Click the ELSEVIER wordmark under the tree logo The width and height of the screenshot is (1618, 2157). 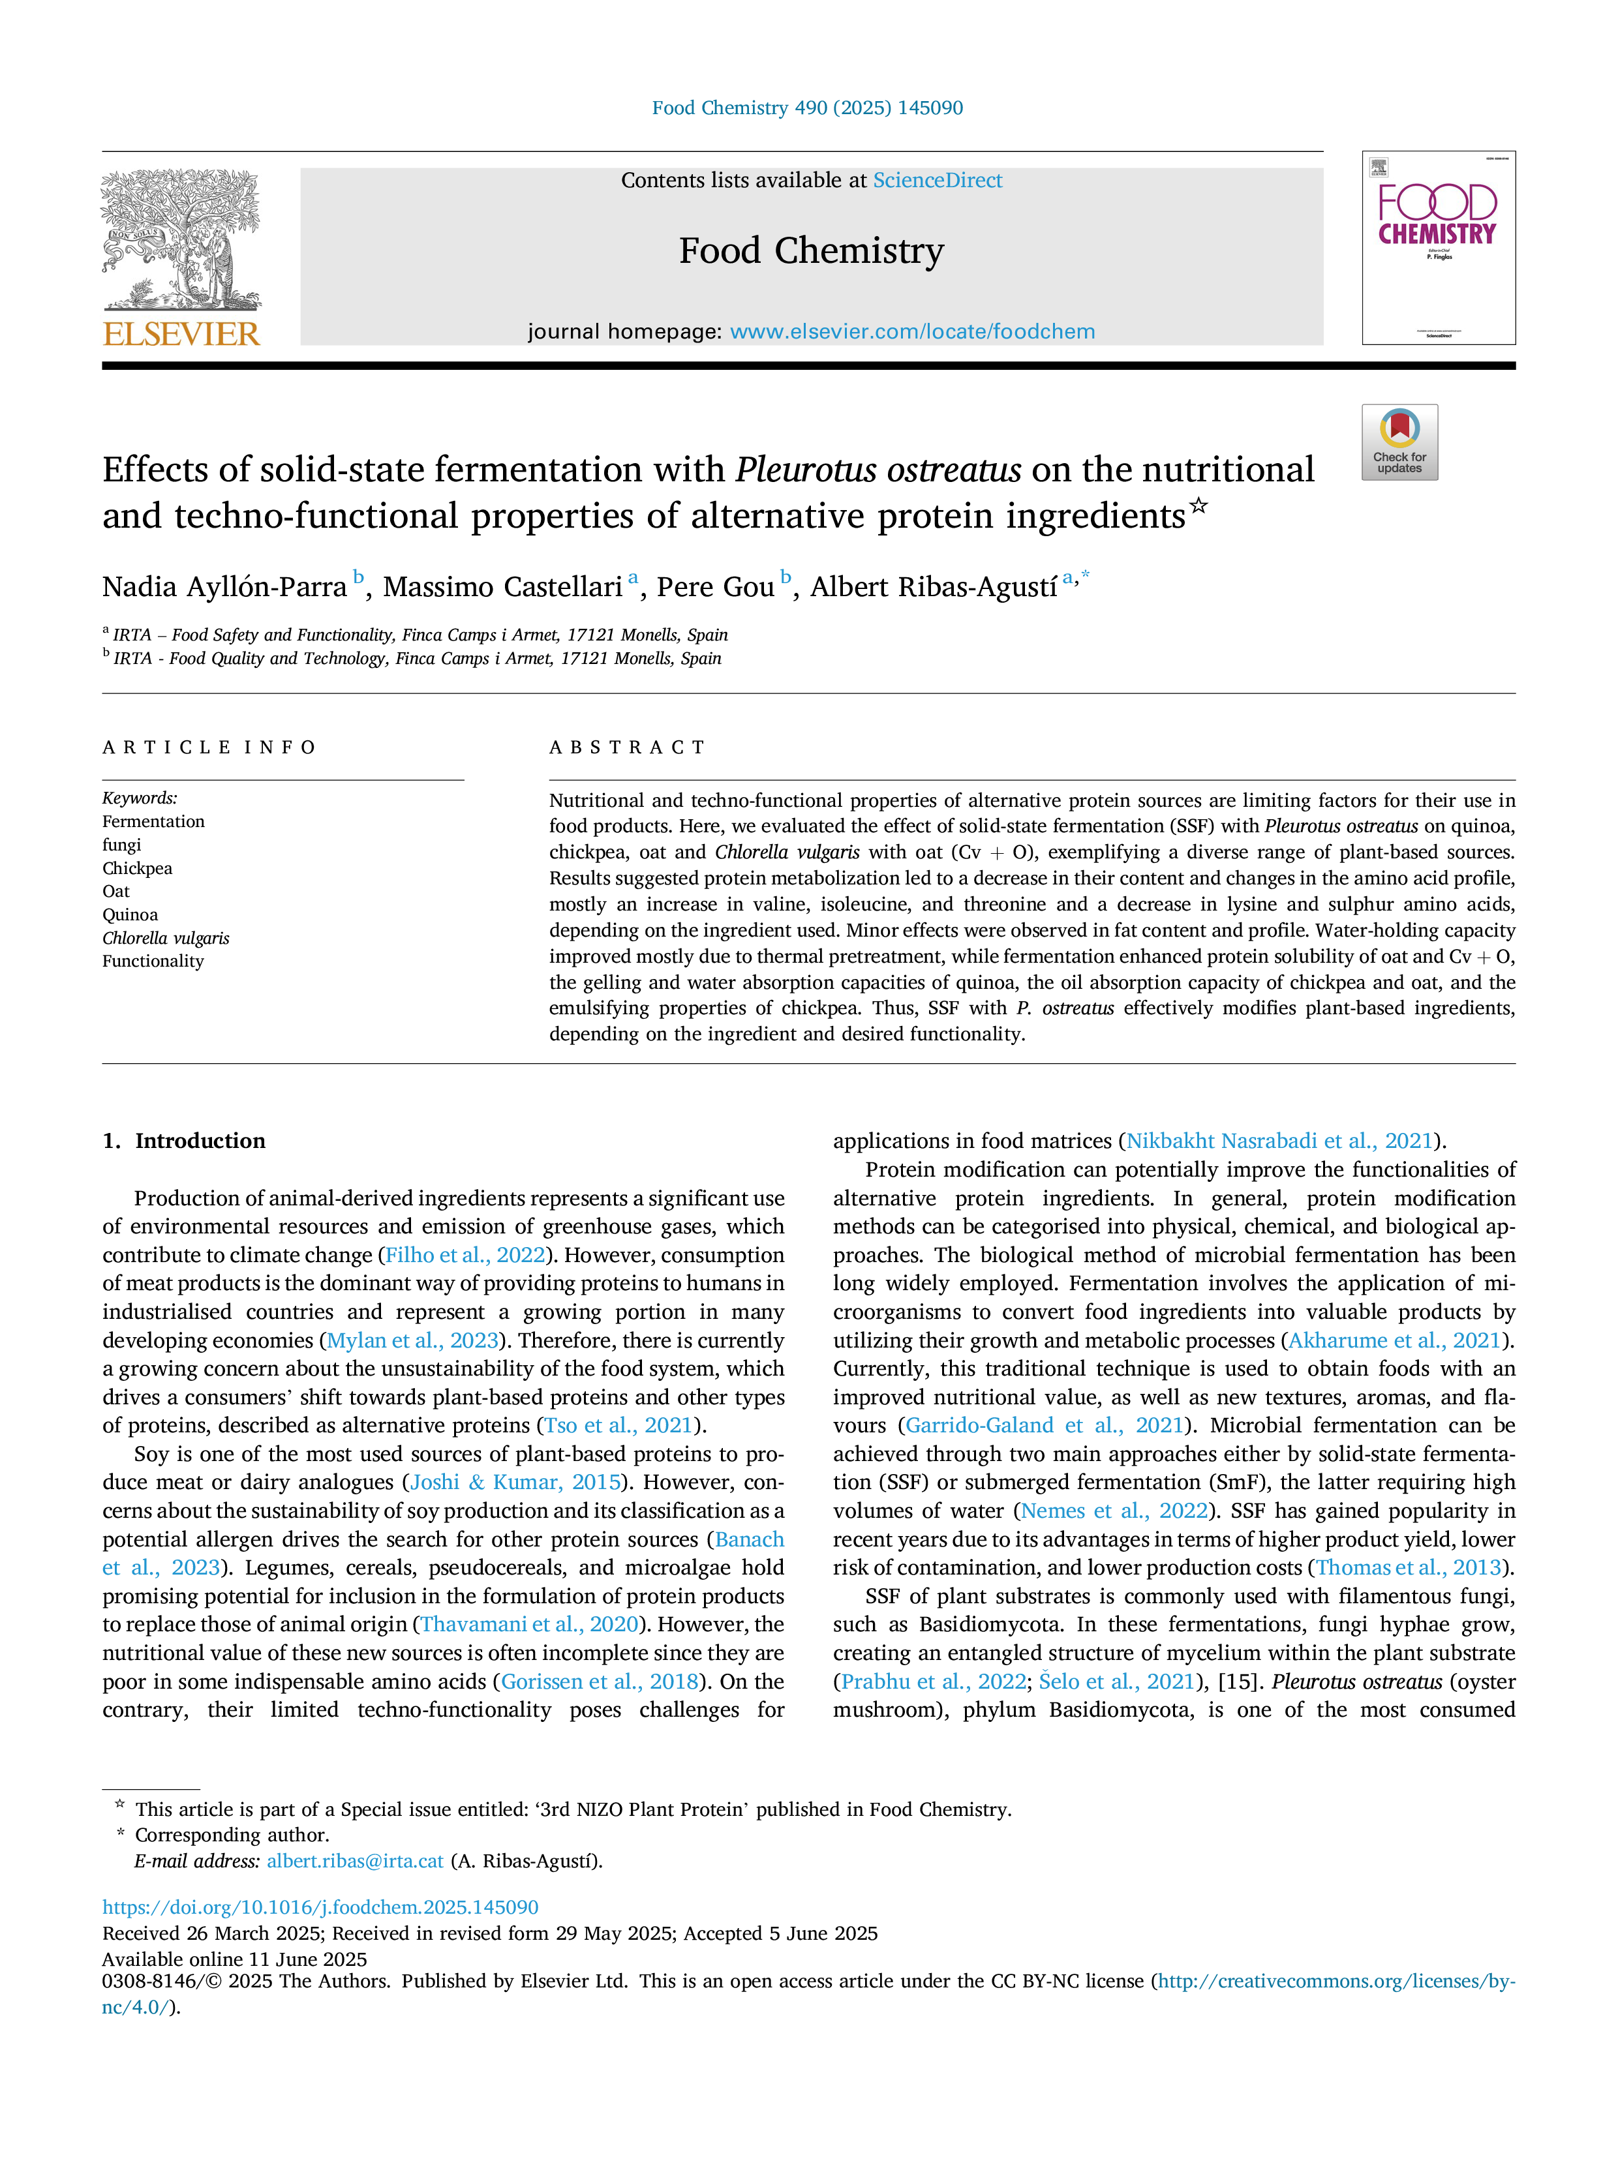181,335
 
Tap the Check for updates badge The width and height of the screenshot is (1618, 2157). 1399,442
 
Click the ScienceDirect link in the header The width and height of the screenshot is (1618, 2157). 938,181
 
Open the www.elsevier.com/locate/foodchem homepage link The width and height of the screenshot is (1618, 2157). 913,331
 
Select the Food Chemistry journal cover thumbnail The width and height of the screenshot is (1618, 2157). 1439,248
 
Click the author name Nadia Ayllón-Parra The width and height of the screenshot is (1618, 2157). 224,587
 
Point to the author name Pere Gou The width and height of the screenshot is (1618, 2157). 716,587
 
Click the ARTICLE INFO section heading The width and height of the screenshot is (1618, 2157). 209,748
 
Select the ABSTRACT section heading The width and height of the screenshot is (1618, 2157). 627,748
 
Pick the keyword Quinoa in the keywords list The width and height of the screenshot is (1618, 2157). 130,914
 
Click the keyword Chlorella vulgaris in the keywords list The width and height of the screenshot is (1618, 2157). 166,938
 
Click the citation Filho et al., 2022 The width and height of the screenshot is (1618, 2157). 465,1255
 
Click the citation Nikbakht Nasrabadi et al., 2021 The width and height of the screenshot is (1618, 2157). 1279,1141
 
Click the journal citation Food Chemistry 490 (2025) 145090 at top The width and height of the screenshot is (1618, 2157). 808,108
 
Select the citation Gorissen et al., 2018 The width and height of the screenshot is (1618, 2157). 600,1681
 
